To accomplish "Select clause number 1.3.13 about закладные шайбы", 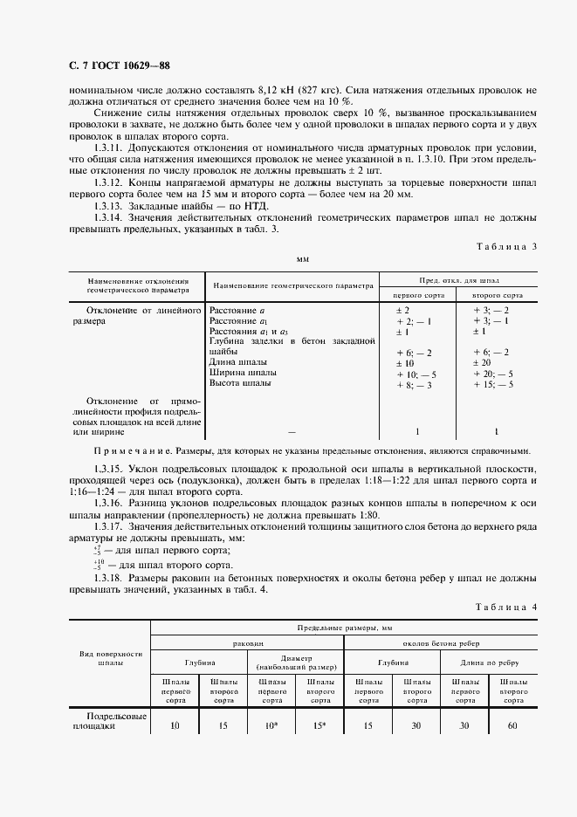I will (112, 203).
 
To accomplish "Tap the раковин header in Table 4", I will (247, 642).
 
